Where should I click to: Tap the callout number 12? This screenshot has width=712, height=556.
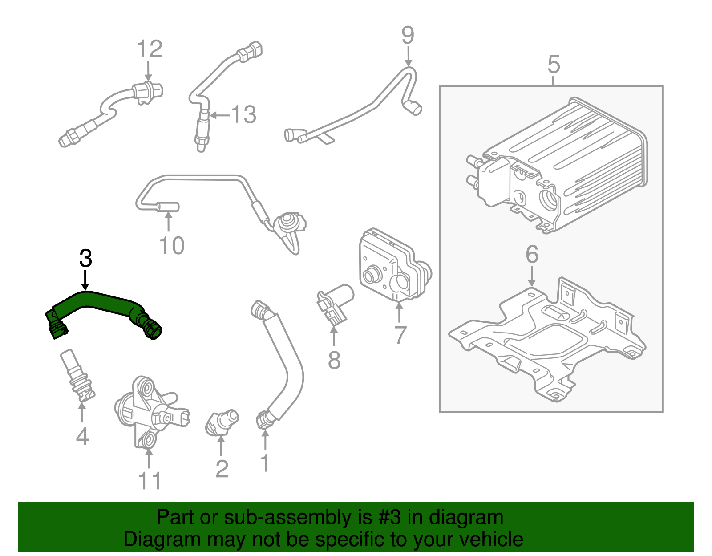(x=149, y=49)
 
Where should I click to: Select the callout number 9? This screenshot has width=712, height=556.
(x=408, y=35)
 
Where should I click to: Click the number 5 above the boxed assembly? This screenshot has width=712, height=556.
(x=553, y=65)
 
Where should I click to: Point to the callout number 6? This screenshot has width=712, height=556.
(x=532, y=255)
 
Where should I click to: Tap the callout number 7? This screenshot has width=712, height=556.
(x=400, y=335)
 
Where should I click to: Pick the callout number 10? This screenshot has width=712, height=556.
(x=171, y=246)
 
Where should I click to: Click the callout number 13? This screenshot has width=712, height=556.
(x=243, y=115)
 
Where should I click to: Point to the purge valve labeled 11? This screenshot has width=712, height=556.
(x=149, y=412)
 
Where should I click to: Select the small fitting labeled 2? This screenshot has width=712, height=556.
(x=221, y=421)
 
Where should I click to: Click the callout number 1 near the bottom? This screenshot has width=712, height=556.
(x=265, y=463)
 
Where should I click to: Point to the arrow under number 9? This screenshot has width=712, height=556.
(x=408, y=57)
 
